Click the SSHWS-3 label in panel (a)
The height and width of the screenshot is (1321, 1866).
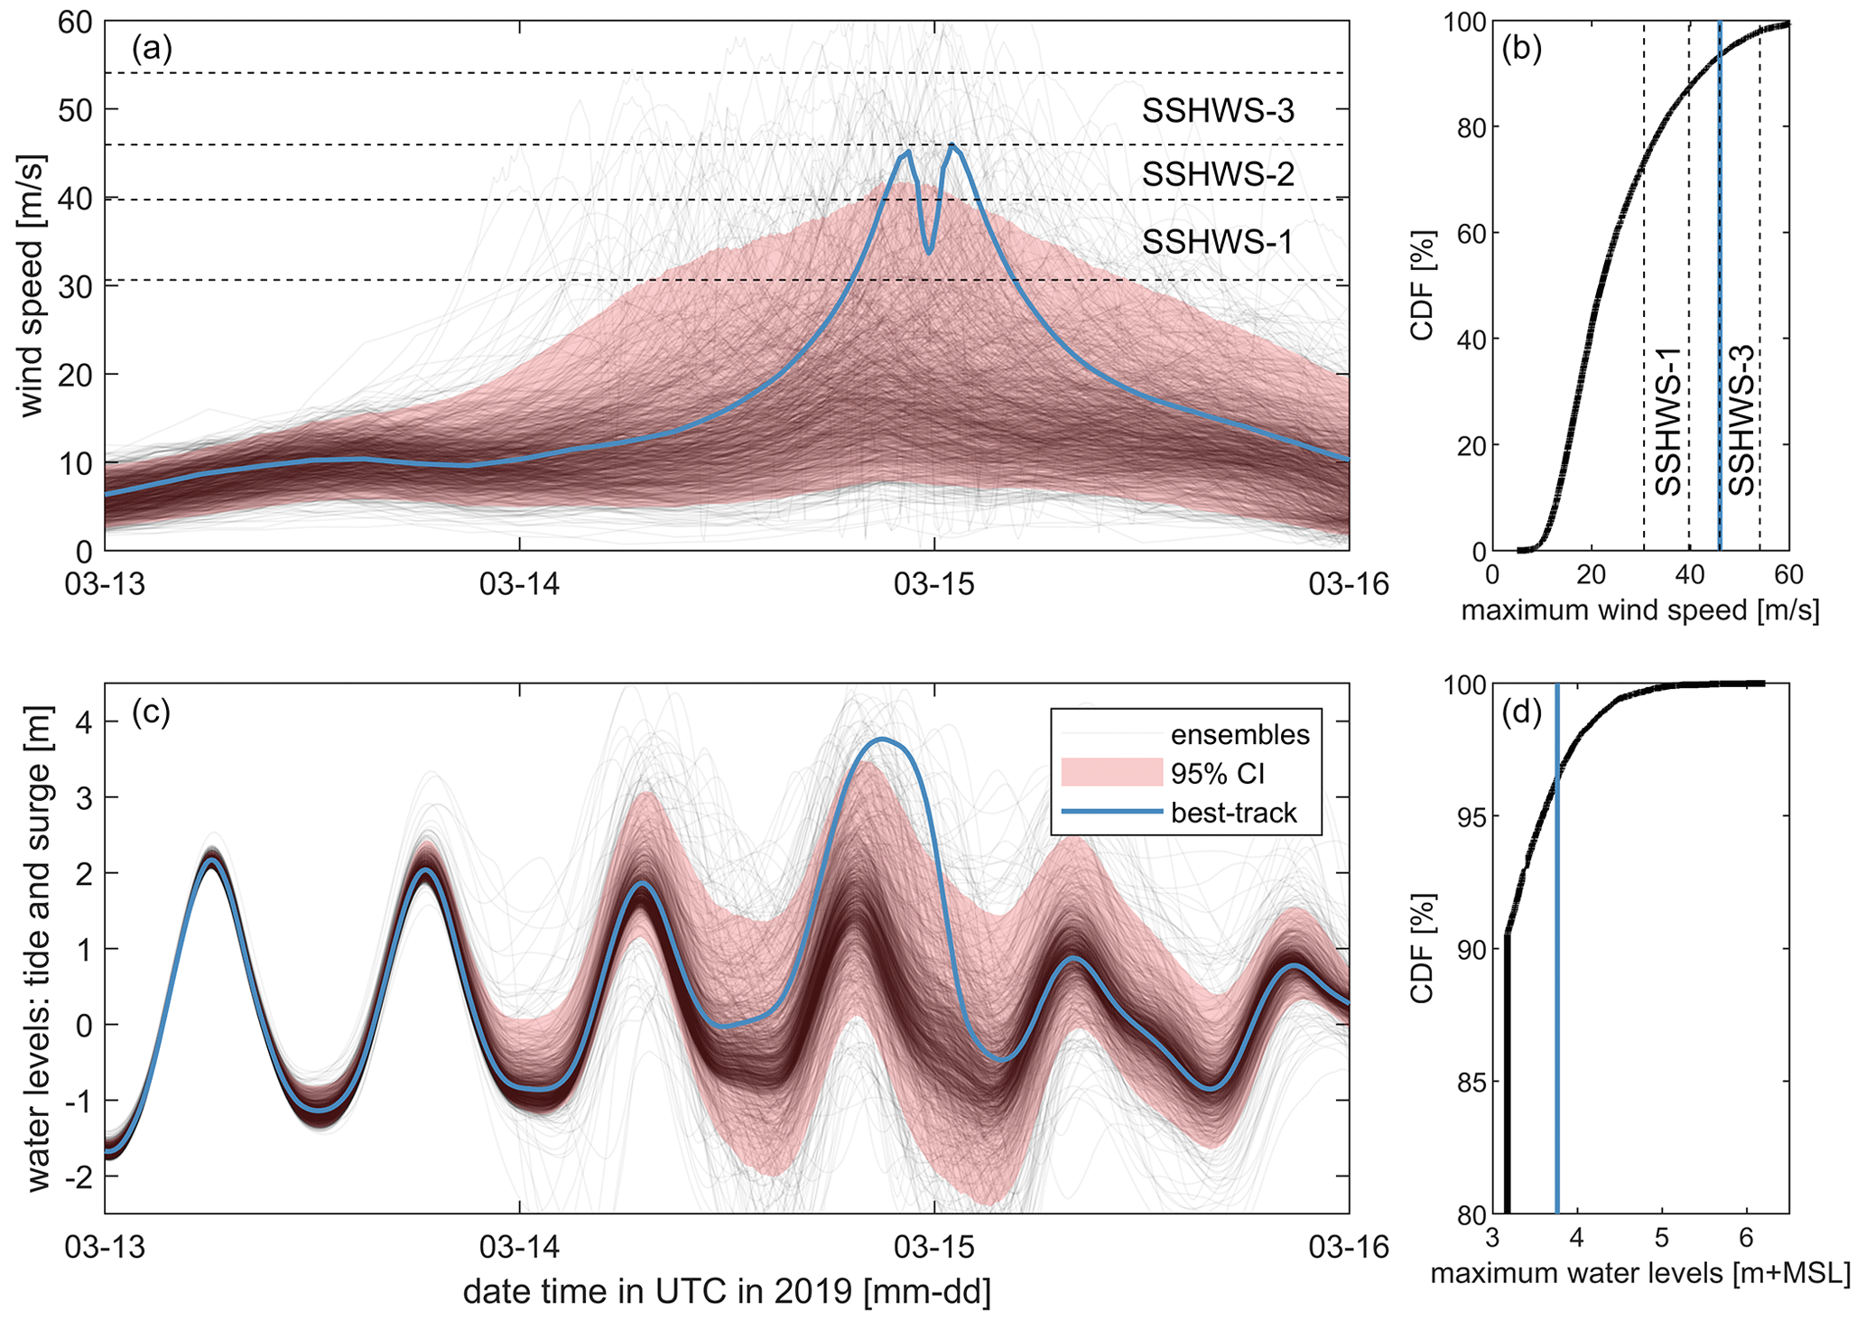point(1218,111)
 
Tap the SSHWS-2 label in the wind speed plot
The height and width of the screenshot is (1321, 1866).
point(1218,174)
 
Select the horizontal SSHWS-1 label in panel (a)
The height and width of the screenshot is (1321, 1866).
point(1218,242)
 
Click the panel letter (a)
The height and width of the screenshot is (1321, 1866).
point(152,48)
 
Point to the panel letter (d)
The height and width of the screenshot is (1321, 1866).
point(1521,712)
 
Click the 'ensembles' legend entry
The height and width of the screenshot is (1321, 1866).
point(1239,735)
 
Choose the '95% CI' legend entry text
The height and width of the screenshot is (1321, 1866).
point(1218,774)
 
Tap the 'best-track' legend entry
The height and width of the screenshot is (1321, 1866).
point(1233,814)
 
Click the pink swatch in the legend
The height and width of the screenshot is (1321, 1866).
point(1111,773)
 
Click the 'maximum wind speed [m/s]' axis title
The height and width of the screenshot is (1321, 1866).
point(1639,611)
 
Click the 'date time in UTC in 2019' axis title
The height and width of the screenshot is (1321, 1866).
point(727,1292)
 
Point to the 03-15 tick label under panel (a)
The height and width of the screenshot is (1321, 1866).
point(934,585)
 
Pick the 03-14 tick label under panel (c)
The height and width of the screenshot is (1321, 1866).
point(519,1248)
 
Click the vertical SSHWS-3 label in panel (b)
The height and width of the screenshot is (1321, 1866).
point(1741,433)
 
